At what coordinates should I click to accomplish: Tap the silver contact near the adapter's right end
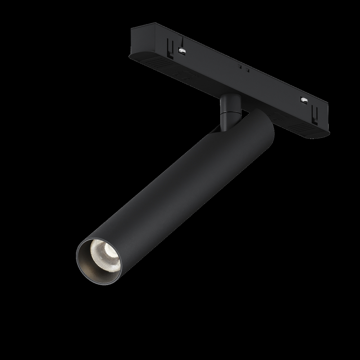303,99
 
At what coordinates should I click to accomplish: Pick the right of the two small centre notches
247,69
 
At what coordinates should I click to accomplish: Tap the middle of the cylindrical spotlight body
173,191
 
